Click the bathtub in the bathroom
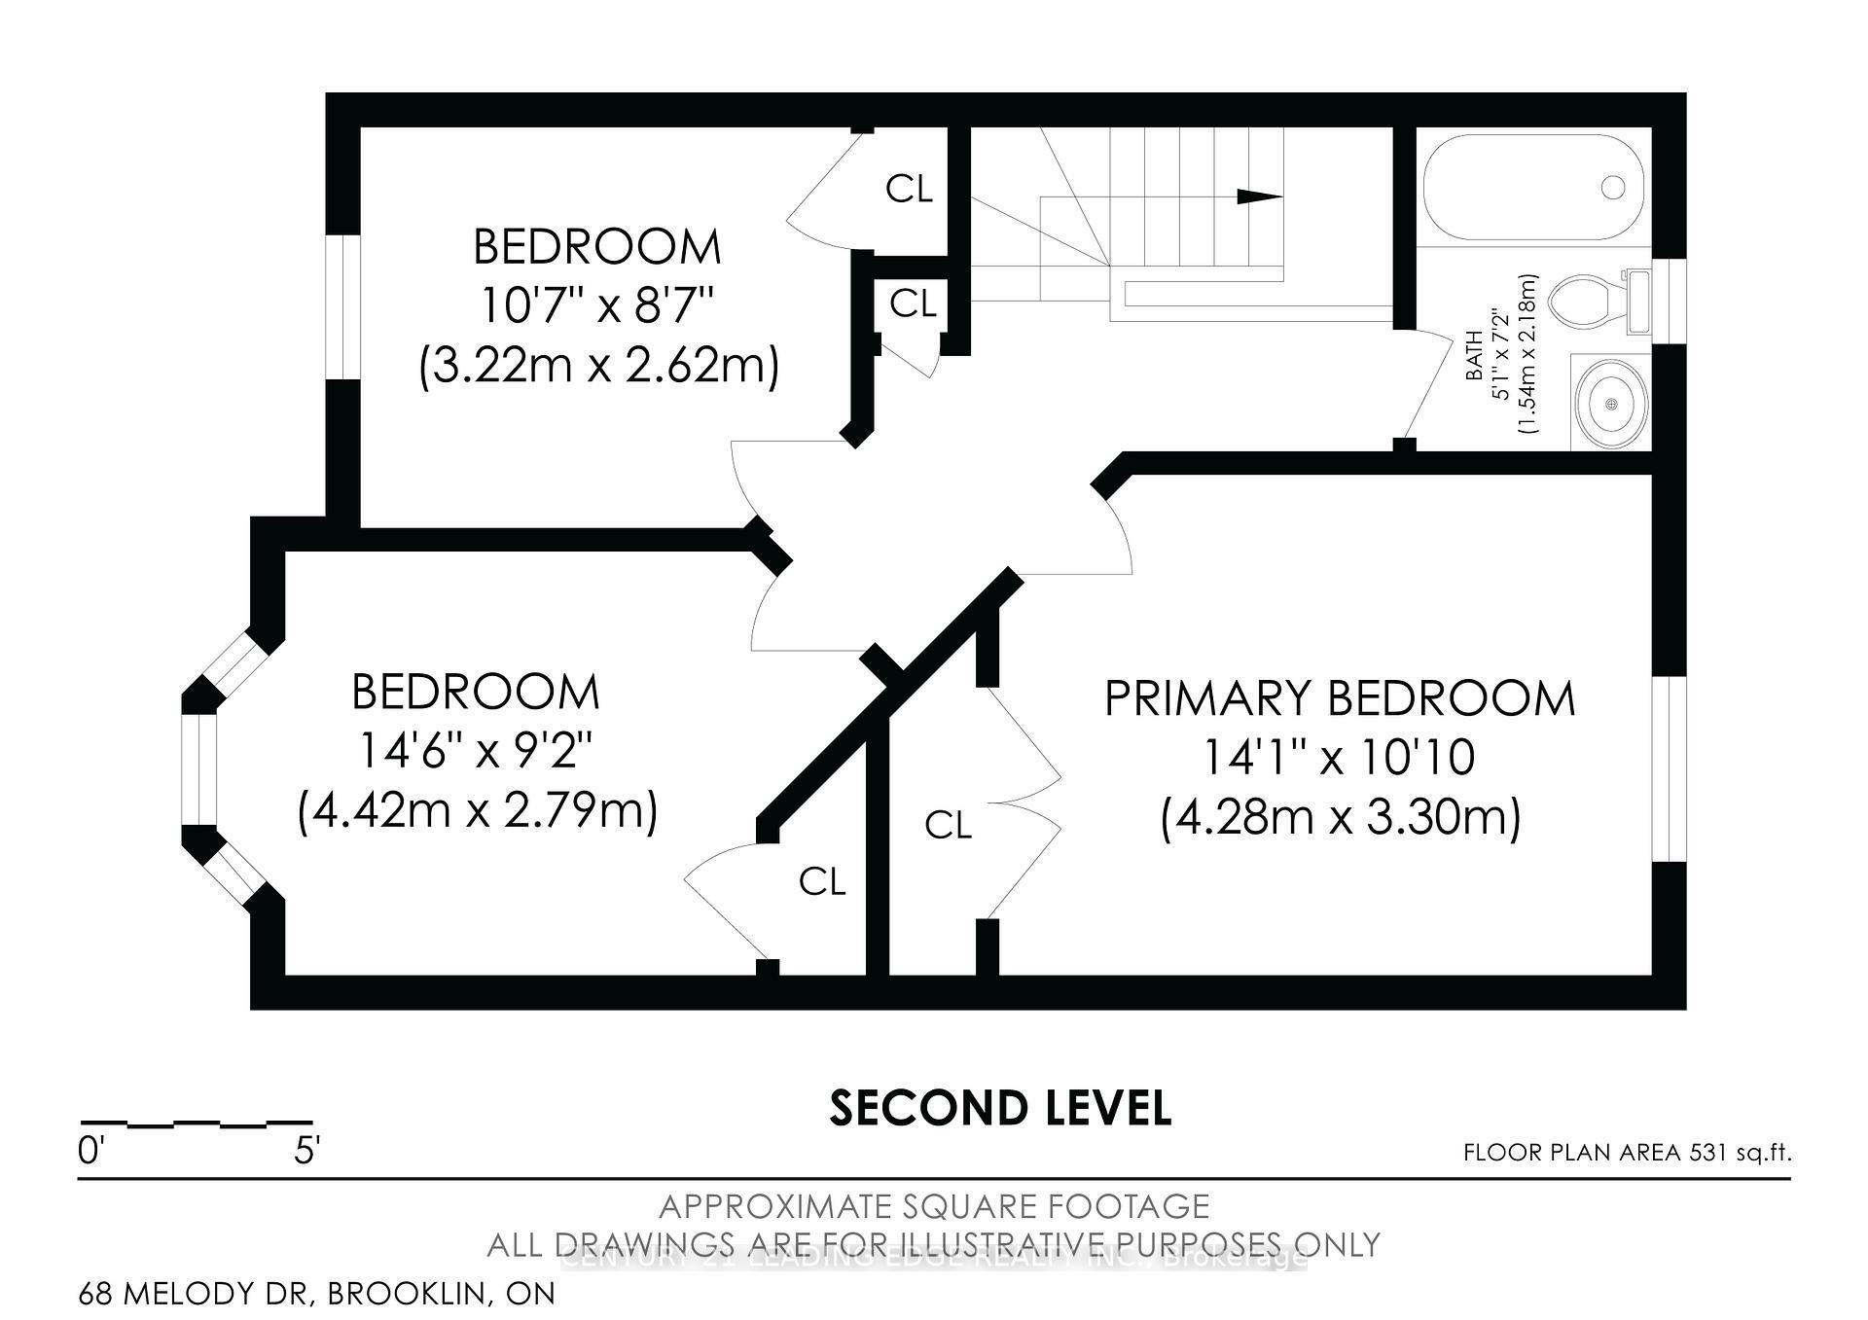coord(1533,187)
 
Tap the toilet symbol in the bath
coord(1596,302)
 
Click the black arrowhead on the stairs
coord(1259,196)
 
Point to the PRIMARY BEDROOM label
coord(1340,699)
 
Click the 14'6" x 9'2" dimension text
coord(476,751)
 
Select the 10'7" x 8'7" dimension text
coord(597,306)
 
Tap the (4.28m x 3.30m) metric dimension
coord(1340,817)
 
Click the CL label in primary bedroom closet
coord(948,826)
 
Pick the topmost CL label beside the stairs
coord(909,190)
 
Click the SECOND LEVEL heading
coord(1000,1108)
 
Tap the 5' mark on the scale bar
coord(306,1152)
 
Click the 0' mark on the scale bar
coord(90,1152)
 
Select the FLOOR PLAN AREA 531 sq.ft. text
coord(1627,1153)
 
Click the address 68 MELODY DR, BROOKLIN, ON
coord(317,1294)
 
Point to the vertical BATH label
coord(1475,356)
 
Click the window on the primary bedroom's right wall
coord(1670,768)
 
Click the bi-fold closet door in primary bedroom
coord(1024,803)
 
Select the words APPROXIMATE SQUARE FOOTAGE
coord(934,1206)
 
